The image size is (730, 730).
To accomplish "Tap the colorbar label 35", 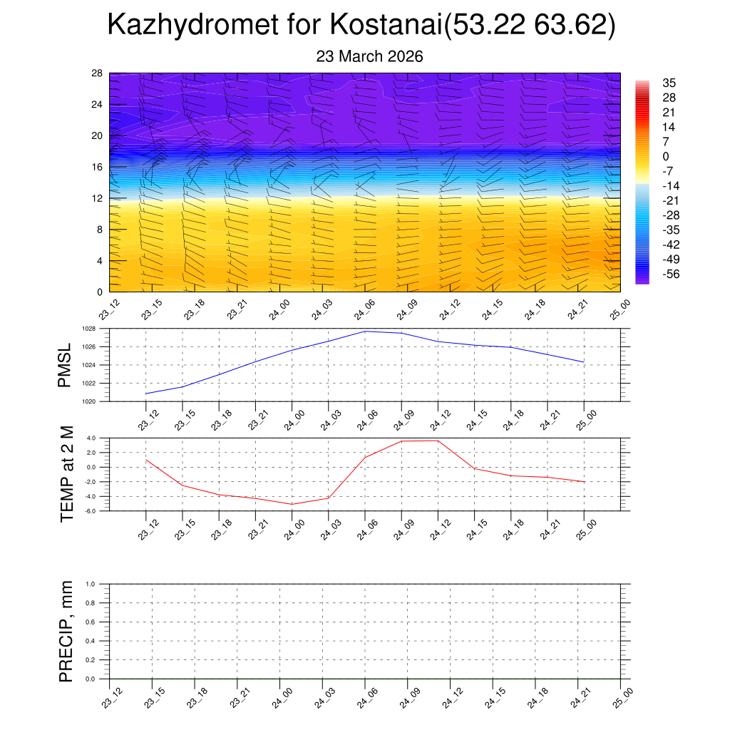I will pyautogui.click(x=669, y=83).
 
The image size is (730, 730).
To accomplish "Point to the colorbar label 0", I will pyautogui.click(x=665, y=156).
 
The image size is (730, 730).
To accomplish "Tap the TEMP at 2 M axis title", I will pyautogui.click(x=67, y=474).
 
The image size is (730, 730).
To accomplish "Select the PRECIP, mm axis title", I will pyautogui.click(x=66, y=632).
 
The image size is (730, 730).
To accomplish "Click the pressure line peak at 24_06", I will pyautogui.click(x=366, y=331).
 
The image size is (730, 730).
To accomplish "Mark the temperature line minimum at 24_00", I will pyautogui.click(x=292, y=504).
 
